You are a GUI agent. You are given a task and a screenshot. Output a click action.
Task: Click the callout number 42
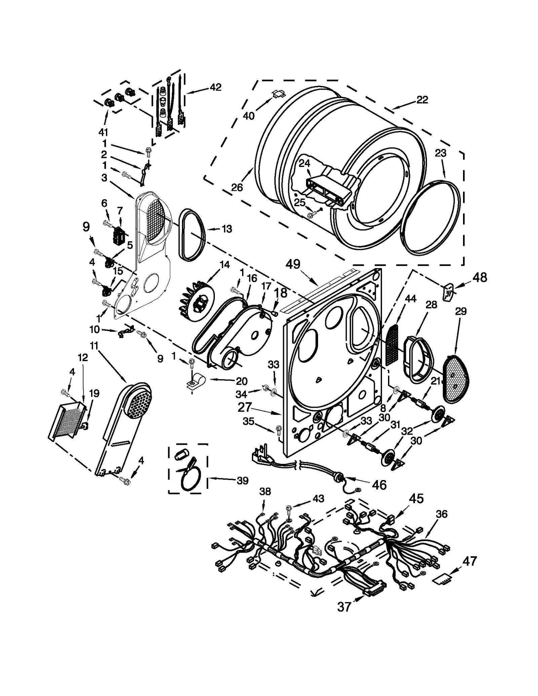click(216, 87)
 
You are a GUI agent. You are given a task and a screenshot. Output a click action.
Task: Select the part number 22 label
click(422, 100)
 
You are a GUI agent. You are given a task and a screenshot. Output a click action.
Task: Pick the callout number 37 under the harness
click(344, 607)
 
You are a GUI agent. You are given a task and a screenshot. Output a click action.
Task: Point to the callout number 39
click(242, 481)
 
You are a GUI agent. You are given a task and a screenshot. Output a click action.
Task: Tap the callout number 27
click(244, 407)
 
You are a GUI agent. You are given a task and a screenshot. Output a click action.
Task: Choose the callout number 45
click(416, 498)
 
